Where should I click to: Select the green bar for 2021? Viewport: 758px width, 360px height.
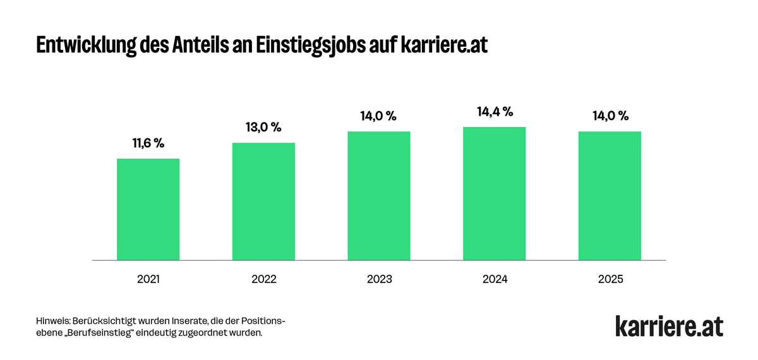(x=148, y=209)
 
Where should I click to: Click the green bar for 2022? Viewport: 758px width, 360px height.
(x=263, y=201)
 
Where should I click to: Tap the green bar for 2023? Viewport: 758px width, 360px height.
(x=379, y=196)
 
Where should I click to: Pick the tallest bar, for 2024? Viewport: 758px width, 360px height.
(x=495, y=193)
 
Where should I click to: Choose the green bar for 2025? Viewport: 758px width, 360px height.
(x=610, y=196)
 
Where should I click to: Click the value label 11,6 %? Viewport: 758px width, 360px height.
(x=148, y=143)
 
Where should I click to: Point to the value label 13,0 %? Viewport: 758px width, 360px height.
(x=263, y=128)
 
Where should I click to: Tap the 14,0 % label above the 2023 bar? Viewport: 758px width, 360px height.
(x=378, y=116)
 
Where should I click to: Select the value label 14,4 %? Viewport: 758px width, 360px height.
(x=495, y=112)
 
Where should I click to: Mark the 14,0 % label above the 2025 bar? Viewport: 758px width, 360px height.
(x=610, y=116)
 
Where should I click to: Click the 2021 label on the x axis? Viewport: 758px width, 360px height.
(x=148, y=279)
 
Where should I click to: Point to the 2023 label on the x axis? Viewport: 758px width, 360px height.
(x=379, y=279)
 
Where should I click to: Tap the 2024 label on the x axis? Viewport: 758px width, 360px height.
(x=495, y=279)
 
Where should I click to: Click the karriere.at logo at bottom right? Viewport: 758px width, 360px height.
(x=670, y=326)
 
